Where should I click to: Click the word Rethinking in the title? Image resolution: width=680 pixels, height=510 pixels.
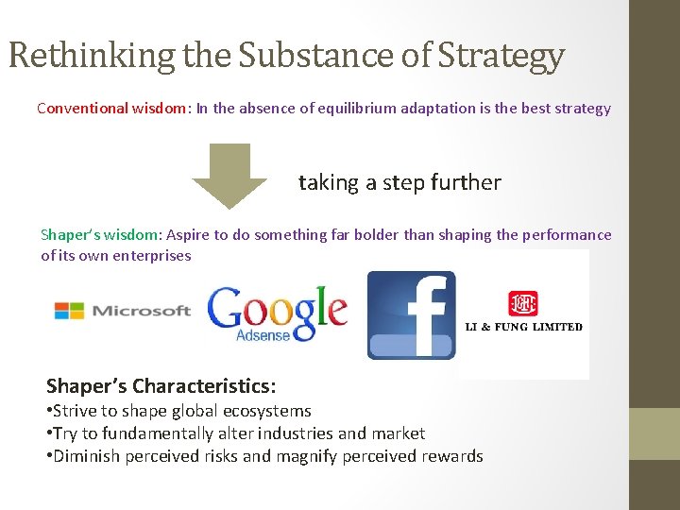pyautogui.click(x=91, y=57)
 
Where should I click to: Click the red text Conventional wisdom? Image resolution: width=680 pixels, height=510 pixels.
pyautogui.click(x=113, y=108)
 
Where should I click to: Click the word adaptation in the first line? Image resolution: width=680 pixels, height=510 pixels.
pyautogui.click(x=423, y=108)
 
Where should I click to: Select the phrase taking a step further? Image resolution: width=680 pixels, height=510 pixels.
pyautogui.click(x=399, y=182)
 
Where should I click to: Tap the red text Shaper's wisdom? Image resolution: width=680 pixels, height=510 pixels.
pyautogui.click(x=101, y=235)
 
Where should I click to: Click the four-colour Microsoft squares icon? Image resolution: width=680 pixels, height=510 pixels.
pyautogui.click(x=69, y=311)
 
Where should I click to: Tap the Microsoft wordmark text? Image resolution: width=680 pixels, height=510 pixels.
pyautogui.click(x=141, y=311)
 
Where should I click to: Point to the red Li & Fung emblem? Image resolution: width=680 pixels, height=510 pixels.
pyautogui.click(x=522, y=302)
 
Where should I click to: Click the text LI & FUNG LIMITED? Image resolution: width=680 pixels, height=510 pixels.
pyautogui.click(x=523, y=327)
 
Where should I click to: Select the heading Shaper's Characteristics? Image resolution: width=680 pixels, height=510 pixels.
pyautogui.click(x=161, y=386)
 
